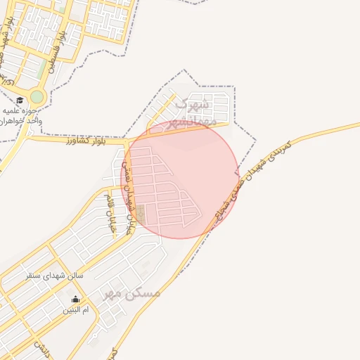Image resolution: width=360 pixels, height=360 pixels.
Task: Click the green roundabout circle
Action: [x=37, y=96]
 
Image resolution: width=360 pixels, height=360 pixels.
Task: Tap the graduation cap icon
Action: [x=20, y=101]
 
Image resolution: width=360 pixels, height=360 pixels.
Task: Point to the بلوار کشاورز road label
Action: [x=81, y=141]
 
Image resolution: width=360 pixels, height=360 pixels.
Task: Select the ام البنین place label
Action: [x=76, y=309]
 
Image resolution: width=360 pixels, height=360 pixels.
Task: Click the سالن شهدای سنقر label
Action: [x=54, y=276]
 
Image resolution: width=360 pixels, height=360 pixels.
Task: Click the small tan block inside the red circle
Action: [x=141, y=214]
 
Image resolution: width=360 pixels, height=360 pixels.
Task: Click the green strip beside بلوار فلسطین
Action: [x=43, y=67]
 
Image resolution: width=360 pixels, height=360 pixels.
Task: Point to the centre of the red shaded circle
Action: [x=180, y=179]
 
